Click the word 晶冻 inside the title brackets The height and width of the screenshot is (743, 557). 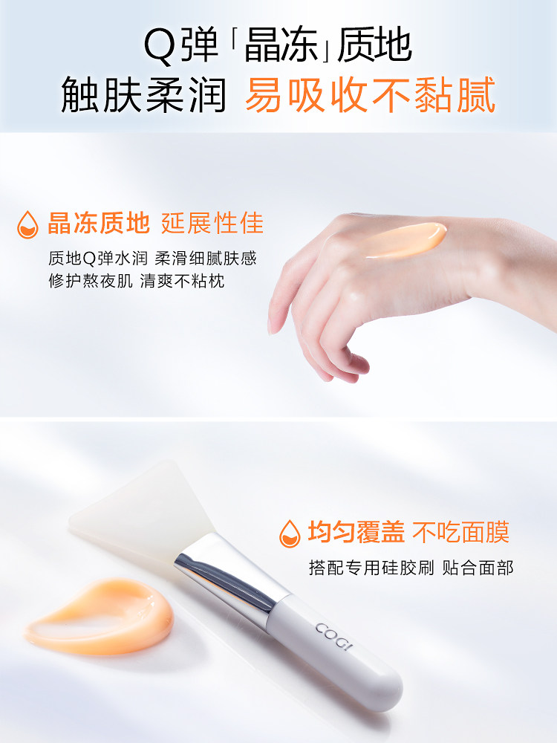click(x=279, y=47)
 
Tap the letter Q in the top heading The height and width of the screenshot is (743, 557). click(x=159, y=47)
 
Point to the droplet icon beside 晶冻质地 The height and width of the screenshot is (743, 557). click(x=27, y=224)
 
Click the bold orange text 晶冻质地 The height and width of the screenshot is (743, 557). click(x=99, y=223)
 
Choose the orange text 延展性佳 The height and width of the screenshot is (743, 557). click(x=212, y=223)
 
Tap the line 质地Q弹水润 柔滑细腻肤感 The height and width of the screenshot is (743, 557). click(x=152, y=259)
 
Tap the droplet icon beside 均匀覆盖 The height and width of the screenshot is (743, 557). click(x=289, y=533)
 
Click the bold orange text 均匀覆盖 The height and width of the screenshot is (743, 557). click(x=356, y=533)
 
